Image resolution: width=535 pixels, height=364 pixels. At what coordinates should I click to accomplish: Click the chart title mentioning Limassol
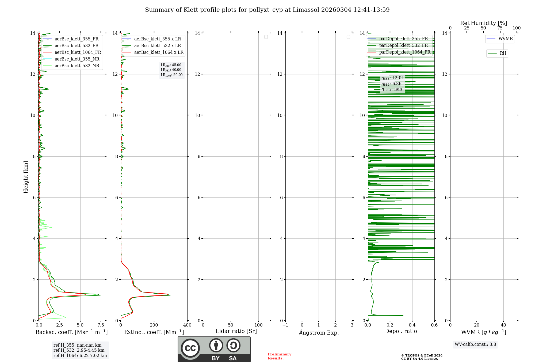pyautogui.click(x=267, y=10)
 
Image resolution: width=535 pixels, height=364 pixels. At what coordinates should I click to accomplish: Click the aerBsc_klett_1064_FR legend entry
pyautogui.click(x=78, y=52)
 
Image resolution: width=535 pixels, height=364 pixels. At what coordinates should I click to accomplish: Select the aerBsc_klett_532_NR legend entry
pyautogui.click(x=77, y=66)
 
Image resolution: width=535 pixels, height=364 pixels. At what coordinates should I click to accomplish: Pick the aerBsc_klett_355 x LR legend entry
pyautogui.click(x=157, y=39)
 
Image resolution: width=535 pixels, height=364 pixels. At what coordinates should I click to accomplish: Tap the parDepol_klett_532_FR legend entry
pyautogui.click(x=403, y=45)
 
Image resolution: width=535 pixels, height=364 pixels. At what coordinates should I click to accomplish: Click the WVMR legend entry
pyautogui.click(x=505, y=39)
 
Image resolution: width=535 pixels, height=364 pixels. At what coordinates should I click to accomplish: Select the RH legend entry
pyautogui.click(x=503, y=53)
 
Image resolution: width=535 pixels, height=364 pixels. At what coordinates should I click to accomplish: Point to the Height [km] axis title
pyautogui.click(x=26, y=177)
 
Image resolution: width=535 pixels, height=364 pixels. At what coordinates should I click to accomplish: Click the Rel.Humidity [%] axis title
pyautogui.click(x=483, y=23)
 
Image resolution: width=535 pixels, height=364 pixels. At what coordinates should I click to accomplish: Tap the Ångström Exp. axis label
pyautogui.click(x=319, y=332)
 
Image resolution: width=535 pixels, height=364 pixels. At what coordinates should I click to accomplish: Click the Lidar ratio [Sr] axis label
pyautogui.click(x=236, y=331)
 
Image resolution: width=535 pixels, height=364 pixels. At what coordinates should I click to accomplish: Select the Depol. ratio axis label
pyautogui.click(x=401, y=331)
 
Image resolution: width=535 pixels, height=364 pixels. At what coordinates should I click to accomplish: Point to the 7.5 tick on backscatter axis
pyautogui.click(x=101, y=325)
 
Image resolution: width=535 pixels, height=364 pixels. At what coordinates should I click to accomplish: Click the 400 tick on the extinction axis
pyautogui.click(x=187, y=325)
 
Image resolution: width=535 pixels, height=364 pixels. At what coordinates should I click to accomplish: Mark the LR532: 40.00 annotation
pyautogui.click(x=171, y=70)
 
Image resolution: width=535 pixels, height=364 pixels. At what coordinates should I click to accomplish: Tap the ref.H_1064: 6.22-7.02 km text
pyautogui.click(x=80, y=355)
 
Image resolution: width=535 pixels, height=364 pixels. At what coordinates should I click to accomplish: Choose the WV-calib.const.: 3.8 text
pyautogui.click(x=475, y=344)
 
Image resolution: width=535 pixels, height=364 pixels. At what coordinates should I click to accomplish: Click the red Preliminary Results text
pyautogui.click(x=279, y=356)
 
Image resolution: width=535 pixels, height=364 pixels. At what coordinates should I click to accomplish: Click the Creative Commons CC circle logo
pyautogui.click(x=190, y=348)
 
